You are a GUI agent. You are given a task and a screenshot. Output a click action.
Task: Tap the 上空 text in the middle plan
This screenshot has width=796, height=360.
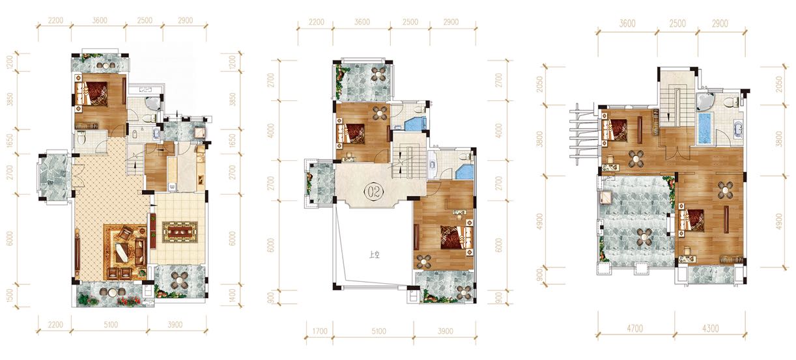[375, 255]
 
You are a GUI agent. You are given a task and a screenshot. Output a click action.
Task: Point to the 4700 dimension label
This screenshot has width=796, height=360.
[634, 329]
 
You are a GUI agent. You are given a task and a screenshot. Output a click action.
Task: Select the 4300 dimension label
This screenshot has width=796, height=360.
[711, 329]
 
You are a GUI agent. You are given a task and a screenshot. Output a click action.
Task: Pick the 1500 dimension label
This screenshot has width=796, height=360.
[10, 296]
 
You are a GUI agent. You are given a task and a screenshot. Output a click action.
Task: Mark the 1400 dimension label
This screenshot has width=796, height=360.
[232, 296]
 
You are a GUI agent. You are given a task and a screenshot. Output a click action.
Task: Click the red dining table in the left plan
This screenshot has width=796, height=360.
[180, 232]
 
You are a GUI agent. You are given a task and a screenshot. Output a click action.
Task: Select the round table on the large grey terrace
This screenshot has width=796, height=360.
[644, 236]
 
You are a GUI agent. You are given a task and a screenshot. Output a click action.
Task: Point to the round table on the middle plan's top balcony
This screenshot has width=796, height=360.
[380, 74]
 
